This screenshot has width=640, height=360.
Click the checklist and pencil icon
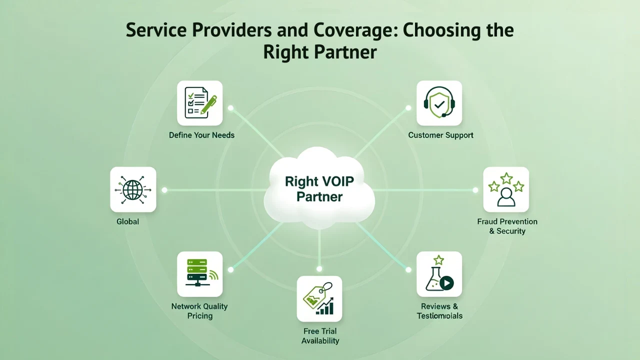200,103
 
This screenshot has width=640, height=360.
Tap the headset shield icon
439,103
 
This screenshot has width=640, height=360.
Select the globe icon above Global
133,189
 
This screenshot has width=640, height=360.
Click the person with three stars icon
506,189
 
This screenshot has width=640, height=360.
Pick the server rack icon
200,274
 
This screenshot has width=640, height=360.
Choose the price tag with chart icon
319,298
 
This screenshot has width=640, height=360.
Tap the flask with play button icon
439,274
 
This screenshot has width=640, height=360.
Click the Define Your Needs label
201,135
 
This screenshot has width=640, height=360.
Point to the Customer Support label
440,135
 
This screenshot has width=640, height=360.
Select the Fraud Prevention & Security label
507,226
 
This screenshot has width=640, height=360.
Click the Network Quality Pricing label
199,311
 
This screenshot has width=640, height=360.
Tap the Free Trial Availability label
320,336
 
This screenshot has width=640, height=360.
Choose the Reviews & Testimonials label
439,311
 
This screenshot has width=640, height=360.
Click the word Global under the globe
127,221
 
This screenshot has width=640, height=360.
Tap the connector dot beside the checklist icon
230,108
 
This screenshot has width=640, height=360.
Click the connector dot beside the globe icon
164,190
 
